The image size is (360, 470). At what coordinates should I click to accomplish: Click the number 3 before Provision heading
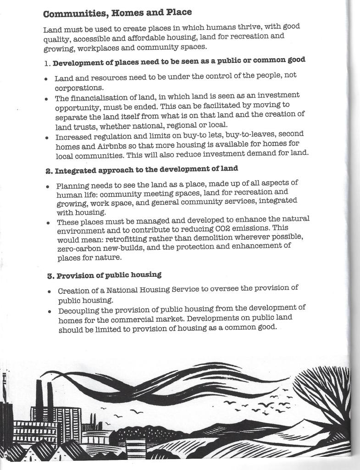coord(50,276)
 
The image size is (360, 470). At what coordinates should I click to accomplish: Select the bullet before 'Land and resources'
coord(46,79)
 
